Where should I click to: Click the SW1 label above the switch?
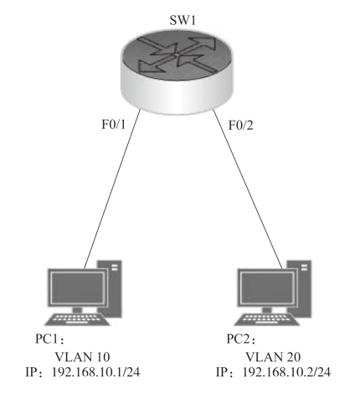click(x=183, y=20)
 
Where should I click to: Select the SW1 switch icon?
click(x=177, y=72)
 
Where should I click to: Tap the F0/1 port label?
click(x=114, y=124)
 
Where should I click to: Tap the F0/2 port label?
click(x=241, y=125)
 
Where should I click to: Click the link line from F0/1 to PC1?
click(x=112, y=189)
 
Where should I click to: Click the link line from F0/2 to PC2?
click(x=248, y=189)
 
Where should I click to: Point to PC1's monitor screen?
click(x=77, y=288)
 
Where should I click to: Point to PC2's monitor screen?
click(x=267, y=288)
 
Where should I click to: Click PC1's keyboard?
click(x=77, y=319)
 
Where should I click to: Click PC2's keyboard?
click(x=267, y=319)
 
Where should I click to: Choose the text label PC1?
click(x=47, y=339)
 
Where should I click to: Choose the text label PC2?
click(x=238, y=339)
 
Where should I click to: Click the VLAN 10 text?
click(x=82, y=357)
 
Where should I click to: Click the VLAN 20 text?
click(x=273, y=357)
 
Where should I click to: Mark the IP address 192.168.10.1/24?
click(x=96, y=372)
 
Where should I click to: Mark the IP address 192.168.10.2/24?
click(x=286, y=372)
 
